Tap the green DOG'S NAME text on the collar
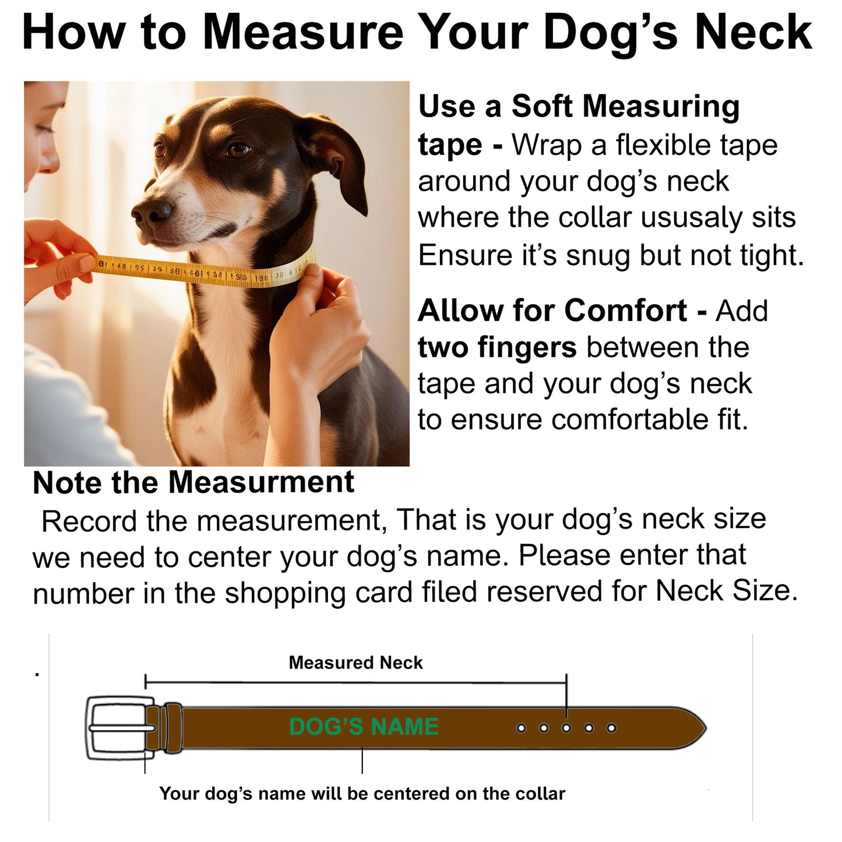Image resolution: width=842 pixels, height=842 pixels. pos(364,727)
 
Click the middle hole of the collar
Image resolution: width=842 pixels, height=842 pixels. pos(566,728)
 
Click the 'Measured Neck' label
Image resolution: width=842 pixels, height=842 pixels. pos(355,663)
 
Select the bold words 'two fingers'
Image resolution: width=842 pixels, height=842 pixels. pos(497,348)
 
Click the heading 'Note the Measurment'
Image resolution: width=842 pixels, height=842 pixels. pos(193,482)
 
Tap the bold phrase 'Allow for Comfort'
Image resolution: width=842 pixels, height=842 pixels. pos(552,311)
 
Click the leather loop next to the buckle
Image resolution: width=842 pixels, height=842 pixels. pos(172,728)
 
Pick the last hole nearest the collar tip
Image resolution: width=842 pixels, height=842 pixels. pos(611,728)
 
